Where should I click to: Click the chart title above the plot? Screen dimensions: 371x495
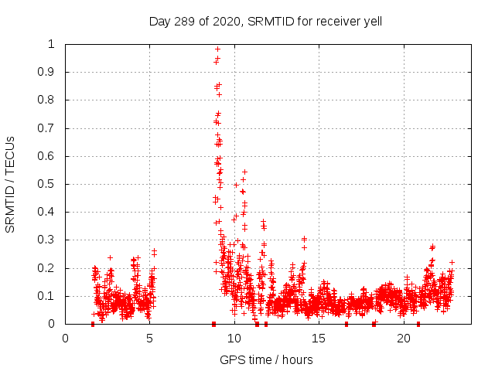click(265, 22)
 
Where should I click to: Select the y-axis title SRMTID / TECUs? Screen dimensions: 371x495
click(11, 184)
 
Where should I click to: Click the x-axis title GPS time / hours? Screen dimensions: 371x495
click(266, 359)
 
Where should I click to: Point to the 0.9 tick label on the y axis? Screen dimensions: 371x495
click(48, 72)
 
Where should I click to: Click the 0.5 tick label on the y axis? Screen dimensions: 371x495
click(48, 184)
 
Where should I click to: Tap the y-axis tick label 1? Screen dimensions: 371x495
click(53, 44)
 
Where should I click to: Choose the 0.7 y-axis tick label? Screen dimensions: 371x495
click(48, 128)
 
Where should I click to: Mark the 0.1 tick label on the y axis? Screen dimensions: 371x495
click(48, 296)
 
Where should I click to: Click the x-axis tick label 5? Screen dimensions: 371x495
click(150, 338)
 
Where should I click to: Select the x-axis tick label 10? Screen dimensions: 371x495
click(234, 338)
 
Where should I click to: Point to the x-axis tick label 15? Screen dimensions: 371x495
click(319, 338)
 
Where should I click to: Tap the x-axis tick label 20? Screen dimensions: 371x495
click(404, 338)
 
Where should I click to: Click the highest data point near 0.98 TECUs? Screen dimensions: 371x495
click(218, 49)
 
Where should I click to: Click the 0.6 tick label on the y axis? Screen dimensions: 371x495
click(48, 156)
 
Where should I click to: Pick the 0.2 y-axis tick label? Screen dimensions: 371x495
click(48, 268)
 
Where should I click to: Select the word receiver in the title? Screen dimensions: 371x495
click(334, 22)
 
